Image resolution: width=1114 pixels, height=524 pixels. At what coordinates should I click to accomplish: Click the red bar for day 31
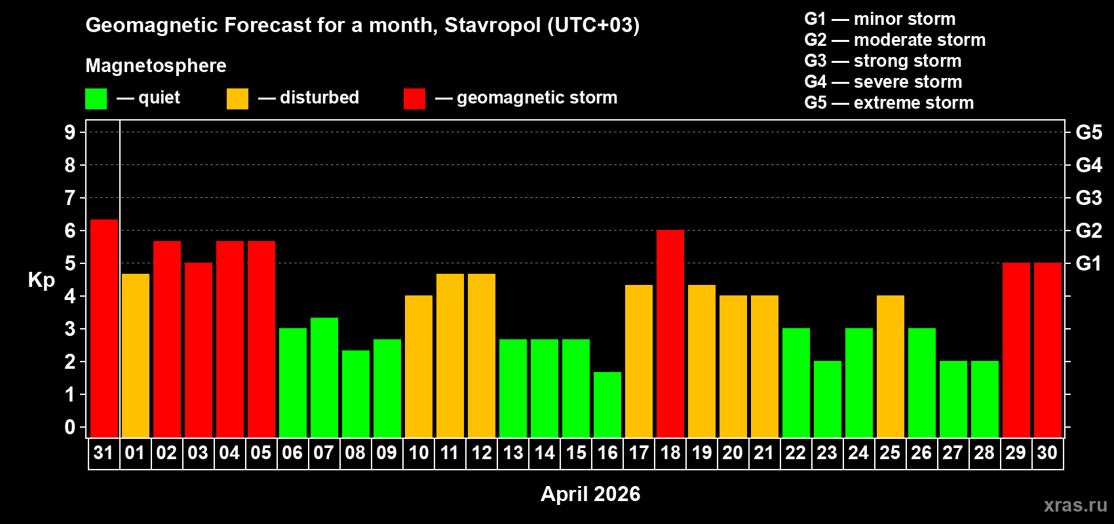point(104,328)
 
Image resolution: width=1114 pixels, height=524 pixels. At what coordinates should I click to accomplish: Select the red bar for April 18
point(670,333)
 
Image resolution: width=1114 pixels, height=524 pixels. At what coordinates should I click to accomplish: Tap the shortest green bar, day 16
point(607,404)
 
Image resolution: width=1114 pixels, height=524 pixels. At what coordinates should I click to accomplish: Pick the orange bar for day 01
point(136,355)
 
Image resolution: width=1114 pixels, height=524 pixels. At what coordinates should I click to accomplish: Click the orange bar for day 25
point(891,366)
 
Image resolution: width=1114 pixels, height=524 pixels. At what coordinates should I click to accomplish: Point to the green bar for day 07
point(324,377)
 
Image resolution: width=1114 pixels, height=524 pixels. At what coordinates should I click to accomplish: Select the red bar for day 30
point(1048,350)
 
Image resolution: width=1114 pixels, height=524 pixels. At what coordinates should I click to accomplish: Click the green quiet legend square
point(96,99)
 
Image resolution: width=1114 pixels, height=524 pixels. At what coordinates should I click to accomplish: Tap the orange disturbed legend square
point(237,99)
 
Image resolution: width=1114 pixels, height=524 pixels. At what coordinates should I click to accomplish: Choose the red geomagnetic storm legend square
point(414,99)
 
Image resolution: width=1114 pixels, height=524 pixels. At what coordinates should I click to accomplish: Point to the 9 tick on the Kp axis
point(70,132)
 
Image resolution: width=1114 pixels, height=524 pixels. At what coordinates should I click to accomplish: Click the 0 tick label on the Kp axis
point(70,427)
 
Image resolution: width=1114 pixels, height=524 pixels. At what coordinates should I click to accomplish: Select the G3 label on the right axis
point(1088,198)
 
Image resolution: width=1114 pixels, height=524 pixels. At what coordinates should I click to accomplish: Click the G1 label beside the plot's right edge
point(1088,263)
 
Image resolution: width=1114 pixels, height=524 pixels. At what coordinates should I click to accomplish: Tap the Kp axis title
point(41,280)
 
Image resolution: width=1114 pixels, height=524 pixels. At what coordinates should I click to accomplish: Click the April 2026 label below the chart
point(590,494)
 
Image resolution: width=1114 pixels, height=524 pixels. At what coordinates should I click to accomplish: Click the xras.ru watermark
point(1075,505)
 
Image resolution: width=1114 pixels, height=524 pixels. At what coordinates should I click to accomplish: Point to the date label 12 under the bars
point(482,453)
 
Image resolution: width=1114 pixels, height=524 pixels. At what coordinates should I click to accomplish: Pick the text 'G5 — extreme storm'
point(889,103)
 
